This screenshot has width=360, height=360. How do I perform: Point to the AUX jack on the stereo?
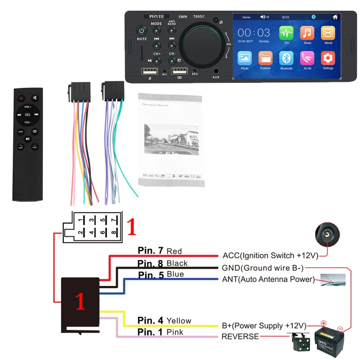coord(216,71)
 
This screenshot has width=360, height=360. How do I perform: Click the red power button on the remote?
coord(20,98)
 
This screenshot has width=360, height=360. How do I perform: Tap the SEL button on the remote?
coord(28,114)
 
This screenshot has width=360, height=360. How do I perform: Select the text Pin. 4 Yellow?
coord(165,321)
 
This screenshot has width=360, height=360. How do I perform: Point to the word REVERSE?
coord(240,337)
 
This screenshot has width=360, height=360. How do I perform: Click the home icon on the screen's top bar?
coord(335,17)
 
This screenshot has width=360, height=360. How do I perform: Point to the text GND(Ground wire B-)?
coord(263,268)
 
